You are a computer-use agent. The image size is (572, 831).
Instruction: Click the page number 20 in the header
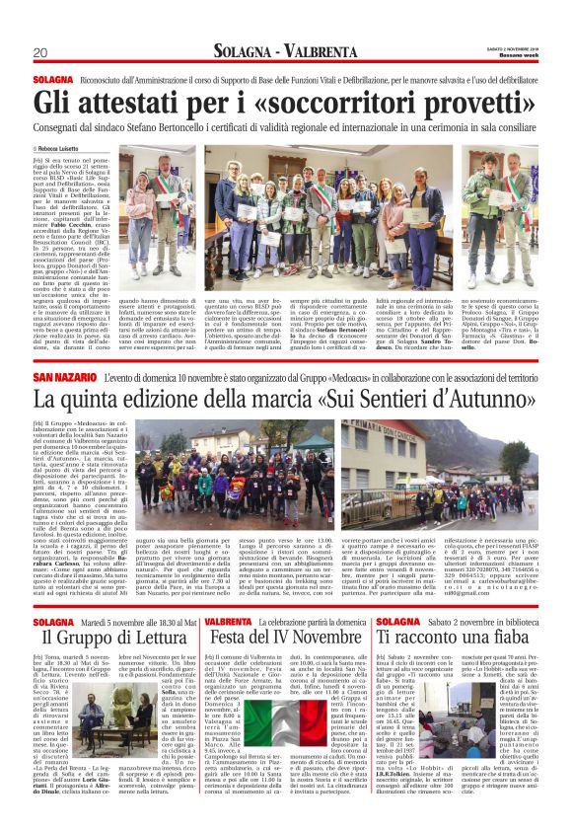[39, 52]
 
